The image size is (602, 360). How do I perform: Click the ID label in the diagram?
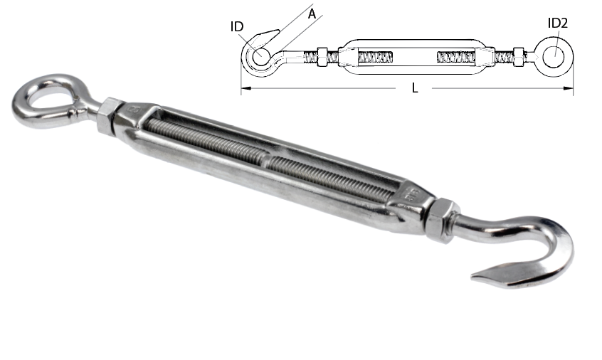(x=237, y=26)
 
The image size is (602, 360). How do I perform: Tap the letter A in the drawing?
(x=312, y=14)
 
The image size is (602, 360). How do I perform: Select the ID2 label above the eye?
(x=557, y=23)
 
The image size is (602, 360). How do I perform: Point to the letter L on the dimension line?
(x=415, y=88)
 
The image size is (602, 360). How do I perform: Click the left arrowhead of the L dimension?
(x=245, y=88)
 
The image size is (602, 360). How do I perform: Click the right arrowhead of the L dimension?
(x=569, y=88)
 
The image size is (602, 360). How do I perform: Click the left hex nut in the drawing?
(x=322, y=57)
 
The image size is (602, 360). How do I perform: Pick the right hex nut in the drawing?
(x=519, y=57)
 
